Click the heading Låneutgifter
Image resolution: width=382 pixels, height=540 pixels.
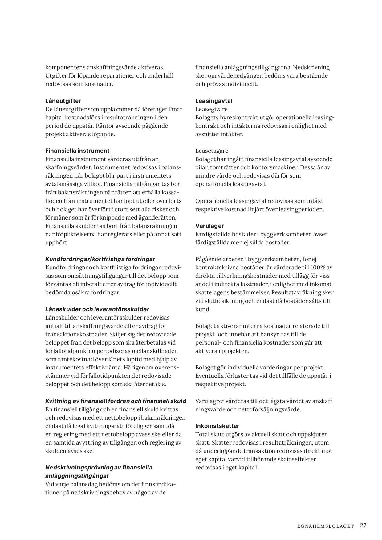pyautogui.click(x=63, y=101)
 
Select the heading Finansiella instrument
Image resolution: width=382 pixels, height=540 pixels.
pyautogui.click(x=77, y=151)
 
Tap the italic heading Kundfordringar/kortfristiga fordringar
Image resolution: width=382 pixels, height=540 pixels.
pyautogui.click(x=100, y=259)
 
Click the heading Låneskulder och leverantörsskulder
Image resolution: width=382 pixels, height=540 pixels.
pyautogui.click(x=97, y=309)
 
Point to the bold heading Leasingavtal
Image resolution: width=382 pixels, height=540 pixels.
pyautogui.click(x=214, y=101)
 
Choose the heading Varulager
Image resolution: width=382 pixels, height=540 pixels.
pyautogui.click(x=209, y=226)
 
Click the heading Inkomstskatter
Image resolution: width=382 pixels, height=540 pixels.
pyautogui.click(x=217, y=426)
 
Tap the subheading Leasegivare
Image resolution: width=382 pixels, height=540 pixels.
pyautogui.click(x=211, y=109)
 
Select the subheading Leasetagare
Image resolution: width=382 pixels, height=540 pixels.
pyautogui.click(x=212, y=151)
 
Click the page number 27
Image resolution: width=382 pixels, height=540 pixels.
pyautogui.click(x=363, y=525)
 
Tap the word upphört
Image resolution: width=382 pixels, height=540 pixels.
pyautogui.click(x=57, y=243)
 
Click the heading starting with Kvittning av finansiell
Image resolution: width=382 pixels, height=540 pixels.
pyautogui.click(x=116, y=401)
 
